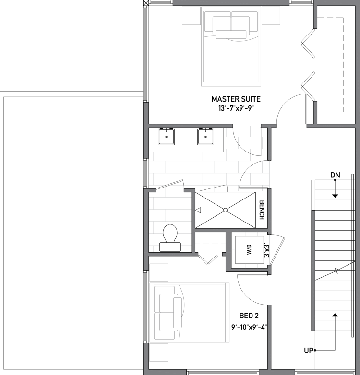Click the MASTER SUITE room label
pyautogui.click(x=236, y=99)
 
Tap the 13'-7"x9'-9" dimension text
pyautogui.click(x=236, y=108)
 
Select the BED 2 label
pyautogui.click(x=249, y=316)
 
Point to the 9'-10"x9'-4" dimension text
pyautogui.click(x=249, y=327)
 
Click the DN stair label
pyautogui.click(x=335, y=176)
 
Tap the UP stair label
pyautogui.click(x=309, y=351)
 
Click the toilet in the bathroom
pyautogui.click(x=170, y=238)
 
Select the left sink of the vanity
pyautogui.click(x=166, y=137)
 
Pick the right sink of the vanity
pyautogui.click(x=205, y=137)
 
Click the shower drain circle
pyautogui.click(x=225, y=210)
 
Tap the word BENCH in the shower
pyautogui.click(x=262, y=210)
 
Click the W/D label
pyautogui.click(x=249, y=249)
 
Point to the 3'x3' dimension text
pyautogui.click(x=267, y=249)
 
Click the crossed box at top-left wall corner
pyautogui.click(x=146, y=2)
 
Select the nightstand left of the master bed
pyautogui.click(x=191, y=16)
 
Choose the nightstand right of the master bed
pyautogui.click(x=271, y=16)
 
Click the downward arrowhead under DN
pyautogui.click(x=335, y=196)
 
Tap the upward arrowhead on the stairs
pyautogui.click(x=336, y=315)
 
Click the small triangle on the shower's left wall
pyautogui.click(x=198, y=210)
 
